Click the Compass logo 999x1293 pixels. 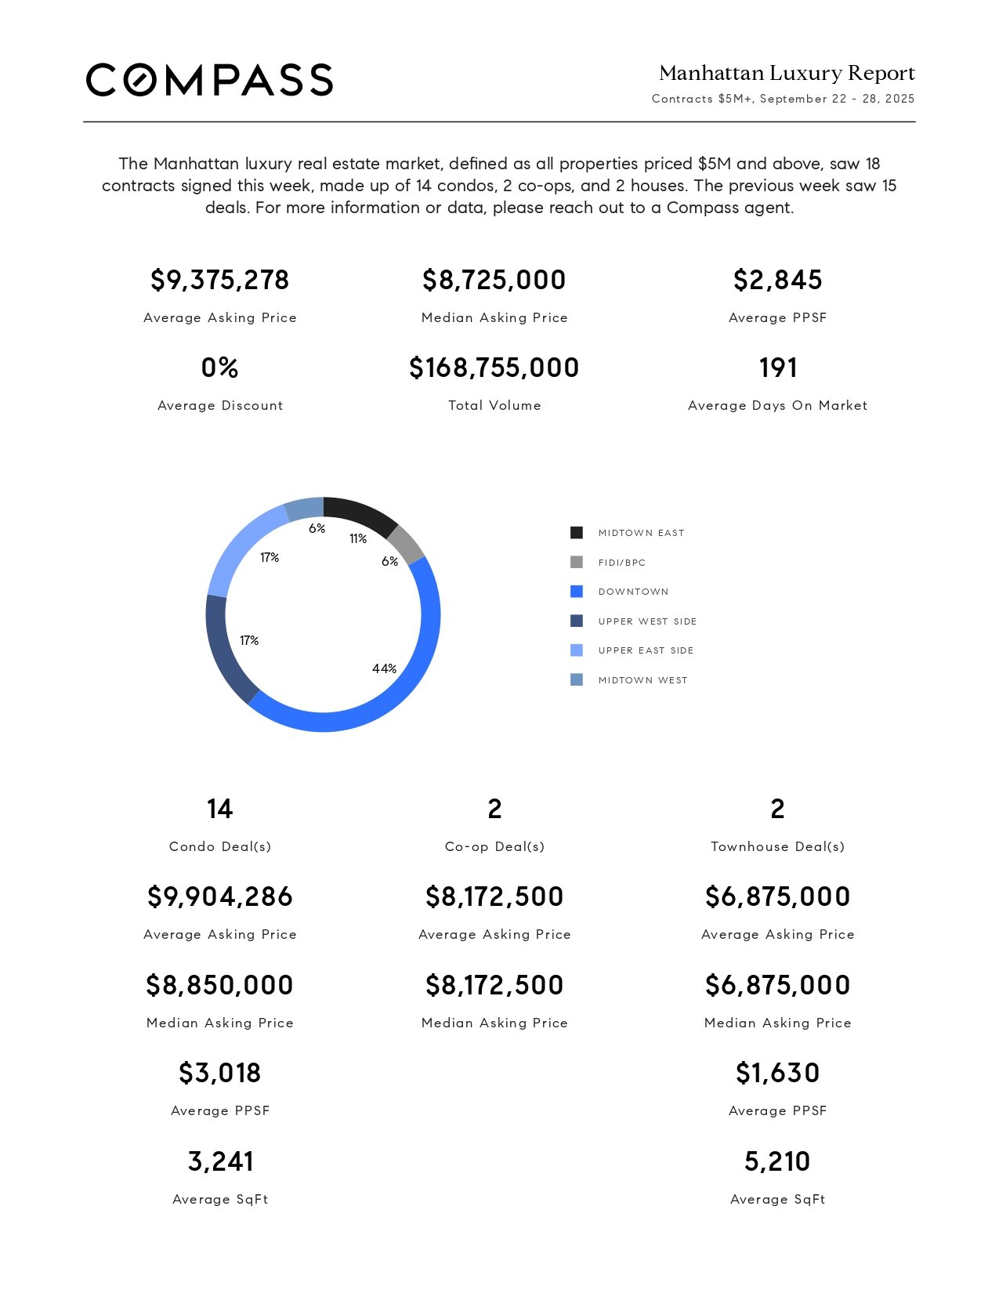pos(209,80)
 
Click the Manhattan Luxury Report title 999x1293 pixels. pos(787,73)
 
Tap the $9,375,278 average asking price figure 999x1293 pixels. pos(219,280)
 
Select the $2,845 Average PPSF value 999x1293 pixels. pos(777,280)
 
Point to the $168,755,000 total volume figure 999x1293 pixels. pos(494,368)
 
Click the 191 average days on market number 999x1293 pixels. pos(777,368)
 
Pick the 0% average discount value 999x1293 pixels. pos(219,368)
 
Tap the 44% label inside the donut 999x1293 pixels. pos(384,668)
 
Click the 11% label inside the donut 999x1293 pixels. pos(358,538)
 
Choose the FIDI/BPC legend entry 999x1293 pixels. pos(621,563)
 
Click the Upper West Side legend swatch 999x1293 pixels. pos(577,621)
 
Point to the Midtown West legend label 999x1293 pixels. pos(642,680)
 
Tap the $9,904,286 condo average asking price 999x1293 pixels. pos(219,896)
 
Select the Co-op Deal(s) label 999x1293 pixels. pos(494,846)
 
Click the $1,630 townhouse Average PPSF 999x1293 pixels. pos(777,1073)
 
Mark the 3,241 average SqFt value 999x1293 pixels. pos(219,1161)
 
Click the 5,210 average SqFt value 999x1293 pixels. pos(777,1161)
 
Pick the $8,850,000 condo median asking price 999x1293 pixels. pos(219,985)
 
